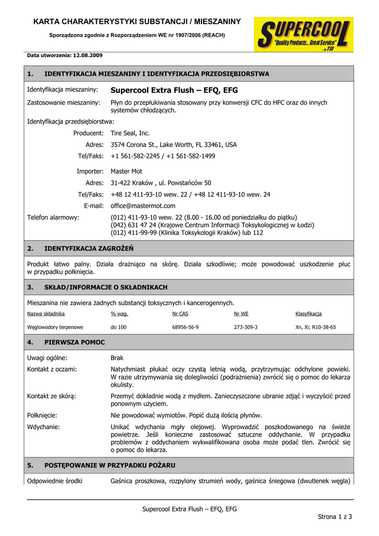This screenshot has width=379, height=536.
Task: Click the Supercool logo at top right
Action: (304, 34)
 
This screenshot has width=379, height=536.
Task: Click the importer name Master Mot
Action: (126, 171)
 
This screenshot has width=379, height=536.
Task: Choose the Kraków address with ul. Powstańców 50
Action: (161, 183)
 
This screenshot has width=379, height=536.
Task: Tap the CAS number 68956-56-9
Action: (185, 327)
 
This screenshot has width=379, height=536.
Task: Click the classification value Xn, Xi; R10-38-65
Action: (316, 327)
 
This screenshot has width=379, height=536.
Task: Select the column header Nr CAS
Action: (180, 314)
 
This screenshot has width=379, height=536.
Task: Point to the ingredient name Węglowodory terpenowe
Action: (55, 327)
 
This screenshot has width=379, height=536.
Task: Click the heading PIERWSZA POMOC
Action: (75, 342)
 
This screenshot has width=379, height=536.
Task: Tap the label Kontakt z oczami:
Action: (52, 369)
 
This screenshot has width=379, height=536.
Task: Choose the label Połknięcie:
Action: (42, 415)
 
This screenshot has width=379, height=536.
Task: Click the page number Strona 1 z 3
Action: (335, 517)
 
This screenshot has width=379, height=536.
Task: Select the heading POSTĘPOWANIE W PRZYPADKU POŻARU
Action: (110, 465)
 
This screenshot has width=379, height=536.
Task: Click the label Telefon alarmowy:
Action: (53, 217)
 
